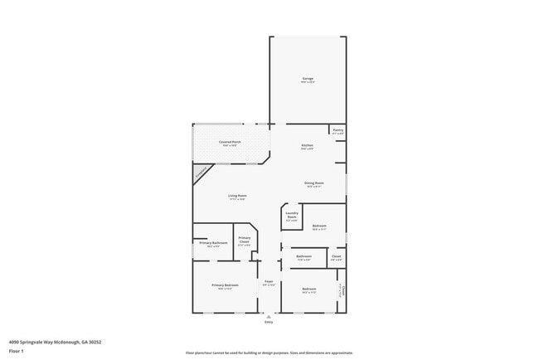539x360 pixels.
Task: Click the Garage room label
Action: click(x=308, y=79)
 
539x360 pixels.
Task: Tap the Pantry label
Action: click(x=338, y=130)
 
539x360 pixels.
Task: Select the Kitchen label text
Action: click(x=308, y=146)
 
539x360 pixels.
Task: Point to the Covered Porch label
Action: click(x=231, y=143)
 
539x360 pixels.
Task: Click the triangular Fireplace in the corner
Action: click(x=201, y=173)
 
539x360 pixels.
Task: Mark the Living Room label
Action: click(x=238, y=196)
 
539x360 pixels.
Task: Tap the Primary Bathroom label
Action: click(x=213, y=243)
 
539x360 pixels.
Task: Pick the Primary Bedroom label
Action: click(x=225, y=285)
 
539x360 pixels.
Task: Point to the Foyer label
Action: click(x=269, y=282)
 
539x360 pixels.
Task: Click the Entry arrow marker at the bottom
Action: click(x=269, y=315)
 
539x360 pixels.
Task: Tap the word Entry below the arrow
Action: click(x=269, y=322)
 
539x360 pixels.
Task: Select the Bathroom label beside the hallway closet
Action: click(x=304, y=256)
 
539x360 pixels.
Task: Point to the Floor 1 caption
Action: click(x=15, y=351)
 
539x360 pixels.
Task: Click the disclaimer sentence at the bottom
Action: click(x=269, y=353)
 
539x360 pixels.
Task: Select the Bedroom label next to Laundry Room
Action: click(x=319, y=226)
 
